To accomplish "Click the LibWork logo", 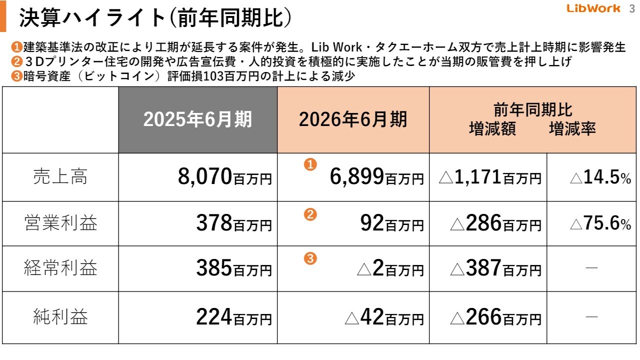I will (x=593, y=8).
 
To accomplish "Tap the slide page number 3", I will (x=631, y=8).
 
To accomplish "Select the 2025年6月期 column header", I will (x=198, y=120).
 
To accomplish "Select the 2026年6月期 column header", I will (x=353, y=120).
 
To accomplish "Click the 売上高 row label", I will (x=60, y=176).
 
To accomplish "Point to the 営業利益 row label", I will (x=60, y=223).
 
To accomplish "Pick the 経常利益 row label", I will (x=60, y=268).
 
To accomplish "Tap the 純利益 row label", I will (x=60, y=317).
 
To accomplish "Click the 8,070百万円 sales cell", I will (x=225, y=177).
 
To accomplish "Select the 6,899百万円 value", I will (x=376, y=177).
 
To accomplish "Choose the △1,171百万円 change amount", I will (x=489, y=177).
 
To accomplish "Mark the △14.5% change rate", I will (x=600, y=177).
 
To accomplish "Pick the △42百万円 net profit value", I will (x=384, y=317).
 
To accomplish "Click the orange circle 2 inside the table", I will (x=310, y=215).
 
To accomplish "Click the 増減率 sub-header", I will (x=572, y=129).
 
